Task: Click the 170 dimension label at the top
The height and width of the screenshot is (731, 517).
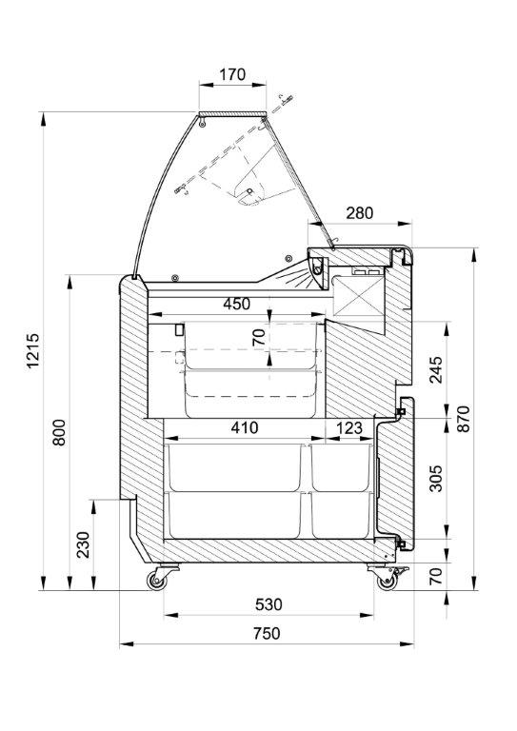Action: tap(232, 74)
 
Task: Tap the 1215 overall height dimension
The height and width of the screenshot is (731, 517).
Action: tap(32, 350)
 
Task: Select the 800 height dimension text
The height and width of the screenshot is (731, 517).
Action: tap(59, 432)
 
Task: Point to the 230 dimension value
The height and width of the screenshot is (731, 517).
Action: tap(83, 544)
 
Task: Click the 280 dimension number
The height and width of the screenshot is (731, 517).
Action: tap(360, 213)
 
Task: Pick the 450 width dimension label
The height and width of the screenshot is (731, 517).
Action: tap(236, 304)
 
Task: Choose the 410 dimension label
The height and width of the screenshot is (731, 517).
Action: tap(245, 427)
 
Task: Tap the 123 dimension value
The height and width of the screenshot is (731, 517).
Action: tap(348, 427)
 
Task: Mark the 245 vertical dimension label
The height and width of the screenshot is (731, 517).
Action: tap(436, 369)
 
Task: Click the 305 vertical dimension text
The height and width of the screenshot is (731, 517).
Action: tap(436, 479)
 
